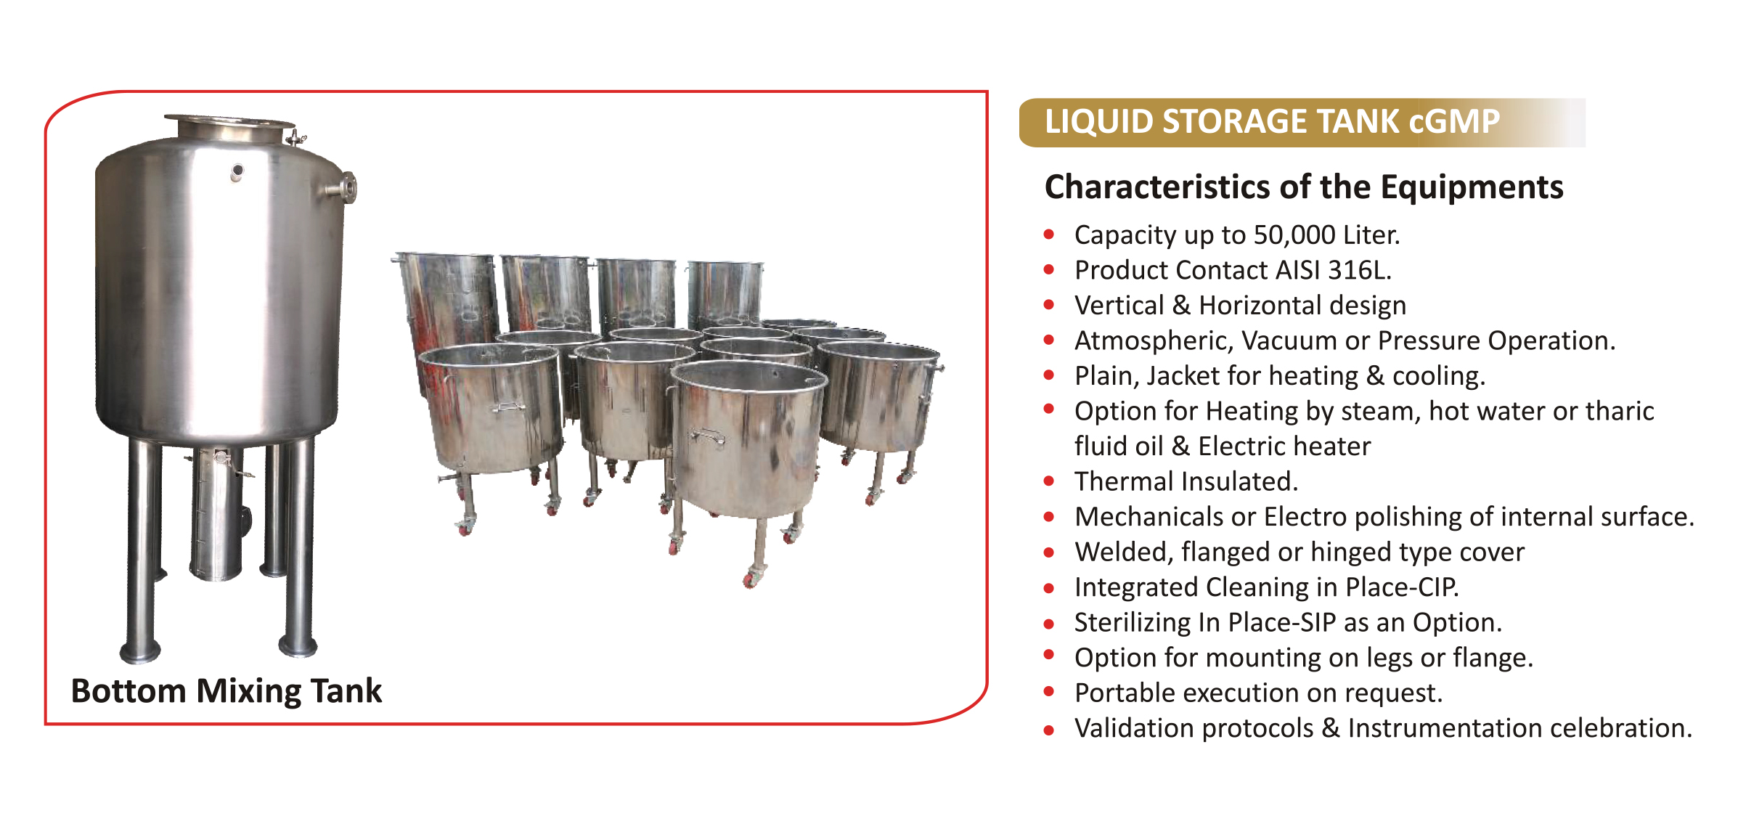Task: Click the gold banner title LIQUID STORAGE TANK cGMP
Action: coord(1272,122)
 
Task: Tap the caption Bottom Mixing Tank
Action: coord(226,691)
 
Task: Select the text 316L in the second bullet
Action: coord(1359,270)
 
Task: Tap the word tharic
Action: coord(1620,411)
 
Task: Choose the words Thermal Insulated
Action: coord(1186,481)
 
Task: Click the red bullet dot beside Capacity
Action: coord(1049,234)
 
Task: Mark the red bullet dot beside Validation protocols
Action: coord(1049,730)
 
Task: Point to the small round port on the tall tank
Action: coord(237,172)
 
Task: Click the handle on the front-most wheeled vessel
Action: coord(709,436)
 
